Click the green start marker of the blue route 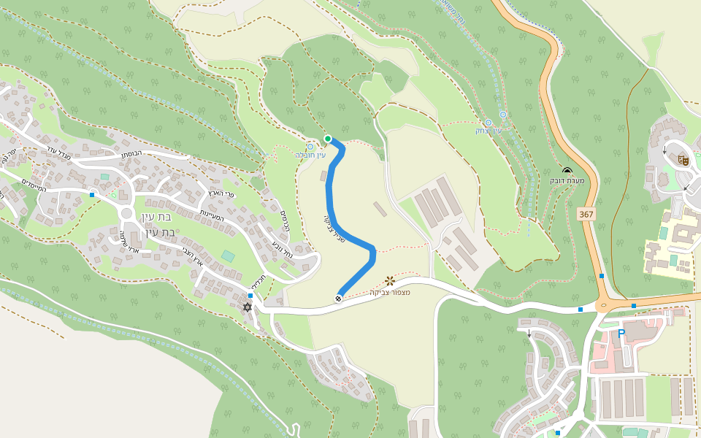(328, 139)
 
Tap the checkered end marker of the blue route (339, 298)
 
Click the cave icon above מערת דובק (567, 170)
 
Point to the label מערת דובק (567, 180)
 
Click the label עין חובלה (310, 155)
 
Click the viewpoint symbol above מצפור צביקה (390, 281)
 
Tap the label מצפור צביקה (390, 293)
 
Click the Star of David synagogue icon (247, 307)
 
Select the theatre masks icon (683, 159)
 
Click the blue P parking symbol (621, 334)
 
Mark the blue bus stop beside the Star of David (250, 296)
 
